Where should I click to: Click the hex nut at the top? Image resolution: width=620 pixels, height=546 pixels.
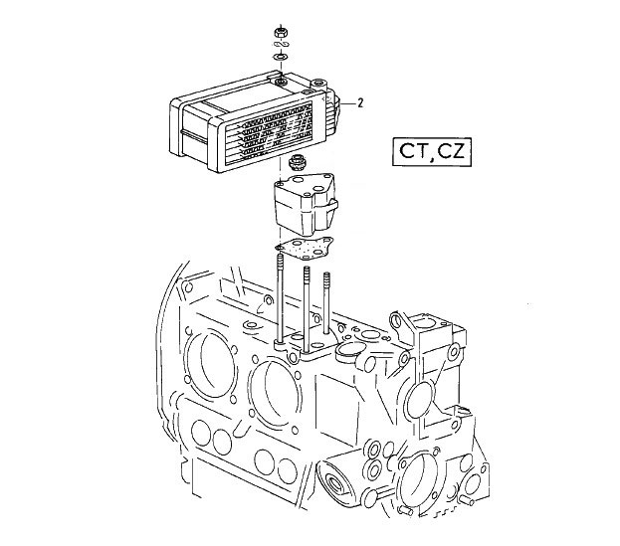tap(281, 32)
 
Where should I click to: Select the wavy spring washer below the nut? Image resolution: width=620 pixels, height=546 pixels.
tap(281, 44)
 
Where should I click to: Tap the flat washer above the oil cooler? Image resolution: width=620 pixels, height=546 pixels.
tap(281, 57)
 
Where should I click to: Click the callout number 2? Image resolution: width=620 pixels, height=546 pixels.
tap(360, 103)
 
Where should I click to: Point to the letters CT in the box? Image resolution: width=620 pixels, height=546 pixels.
tap(413, 151)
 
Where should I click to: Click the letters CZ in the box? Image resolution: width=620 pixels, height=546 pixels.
tap(450, 150)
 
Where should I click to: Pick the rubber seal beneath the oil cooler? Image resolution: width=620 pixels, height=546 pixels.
tap(297, 161)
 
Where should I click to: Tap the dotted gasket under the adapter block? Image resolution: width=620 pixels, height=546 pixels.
tap(305, 248)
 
